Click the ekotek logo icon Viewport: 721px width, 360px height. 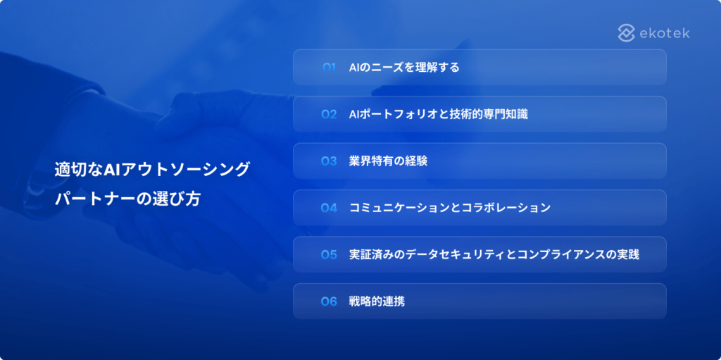[627, 32]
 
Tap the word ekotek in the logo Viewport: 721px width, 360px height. [664, 33]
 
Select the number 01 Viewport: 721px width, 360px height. [330, 68]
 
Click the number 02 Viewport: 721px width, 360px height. [330, 114]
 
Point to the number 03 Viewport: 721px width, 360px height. [330, 161]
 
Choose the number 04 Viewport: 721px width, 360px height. [330, 208]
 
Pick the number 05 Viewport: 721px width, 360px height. [330, 254]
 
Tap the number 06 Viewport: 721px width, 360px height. [330, 302]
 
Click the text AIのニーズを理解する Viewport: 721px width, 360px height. [404, 68]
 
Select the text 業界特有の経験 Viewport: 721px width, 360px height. [388, 161]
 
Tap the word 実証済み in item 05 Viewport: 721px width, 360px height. [371, 254]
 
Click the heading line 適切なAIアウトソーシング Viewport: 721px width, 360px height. [153, 170]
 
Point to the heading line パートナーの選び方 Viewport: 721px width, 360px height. [127, 199]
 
